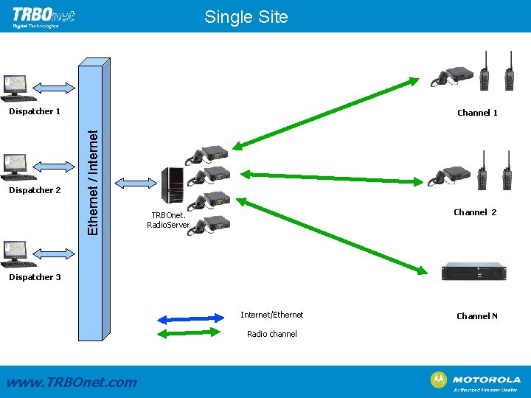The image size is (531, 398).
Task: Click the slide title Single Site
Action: pyautogui.click(x=246, y=16)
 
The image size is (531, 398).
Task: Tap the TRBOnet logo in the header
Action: pyautogui.click(x=44, y=17)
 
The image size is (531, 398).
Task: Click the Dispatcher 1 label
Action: pyautogui.click(x=31, y=112)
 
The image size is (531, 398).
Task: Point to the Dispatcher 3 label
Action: pyautogui.click(x=31, y=277)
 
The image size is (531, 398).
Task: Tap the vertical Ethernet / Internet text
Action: pyautogui.click(x=93, y=182)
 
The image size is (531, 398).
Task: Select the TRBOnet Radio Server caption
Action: pyautogui.click(x=169, y=220)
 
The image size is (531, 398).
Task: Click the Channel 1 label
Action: pyautogui.click(x=477, y=113)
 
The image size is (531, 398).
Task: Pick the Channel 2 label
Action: pyautogui.click(x=475, y=212)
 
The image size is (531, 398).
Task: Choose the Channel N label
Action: pyautogui.click(x=477, y=316)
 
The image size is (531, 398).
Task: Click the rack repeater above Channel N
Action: pyautogui.click(x=473, y=271)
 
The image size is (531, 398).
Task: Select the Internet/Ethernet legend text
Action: pyautogui.click(x=271, y=315)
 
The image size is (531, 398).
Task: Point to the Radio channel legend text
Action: pyautogui.click(x=272, y=334)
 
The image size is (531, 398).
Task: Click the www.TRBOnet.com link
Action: pyautogui.click(x=72, y=382)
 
